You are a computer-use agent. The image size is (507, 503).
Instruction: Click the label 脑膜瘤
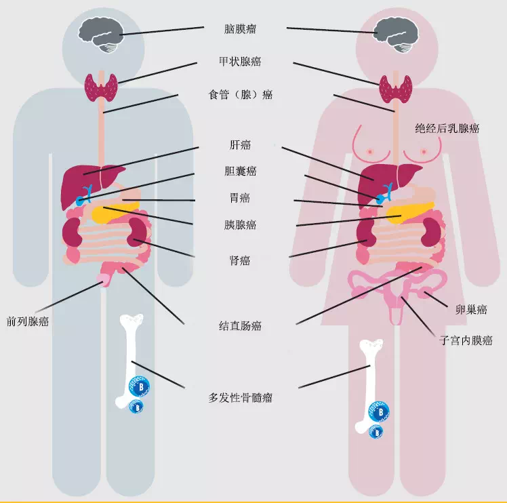tap(240, 29)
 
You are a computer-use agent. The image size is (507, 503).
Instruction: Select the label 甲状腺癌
tap(240, 62)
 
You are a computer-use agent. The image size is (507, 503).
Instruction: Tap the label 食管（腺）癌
tap(240, 95)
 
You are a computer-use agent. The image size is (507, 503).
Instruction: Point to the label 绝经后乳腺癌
tap(447, 128)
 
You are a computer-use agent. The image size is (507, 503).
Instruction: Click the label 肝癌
tap(240, 144)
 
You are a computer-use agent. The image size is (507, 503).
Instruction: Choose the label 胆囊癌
tap(240, 171)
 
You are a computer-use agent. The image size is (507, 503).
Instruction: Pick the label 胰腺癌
tap(240, 224)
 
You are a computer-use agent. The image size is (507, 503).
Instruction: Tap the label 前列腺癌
tap(28, 321)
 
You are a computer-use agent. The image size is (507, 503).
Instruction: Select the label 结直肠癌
tap(240, 326)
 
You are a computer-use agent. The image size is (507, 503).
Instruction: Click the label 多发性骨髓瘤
tap(240, 397)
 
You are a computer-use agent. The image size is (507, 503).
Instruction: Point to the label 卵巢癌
tap(471, 310)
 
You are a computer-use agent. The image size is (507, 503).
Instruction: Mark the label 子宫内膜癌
tap(466, 340)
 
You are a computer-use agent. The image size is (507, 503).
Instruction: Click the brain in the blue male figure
tap(101, 35)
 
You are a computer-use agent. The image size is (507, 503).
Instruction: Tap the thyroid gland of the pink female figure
tap(396, 89)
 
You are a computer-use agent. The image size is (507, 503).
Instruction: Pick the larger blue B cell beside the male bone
tap(140, 386)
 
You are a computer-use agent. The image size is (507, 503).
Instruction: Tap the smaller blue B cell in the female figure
tap(376, 432)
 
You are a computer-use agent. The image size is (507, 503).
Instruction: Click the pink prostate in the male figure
tap(104, 280)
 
